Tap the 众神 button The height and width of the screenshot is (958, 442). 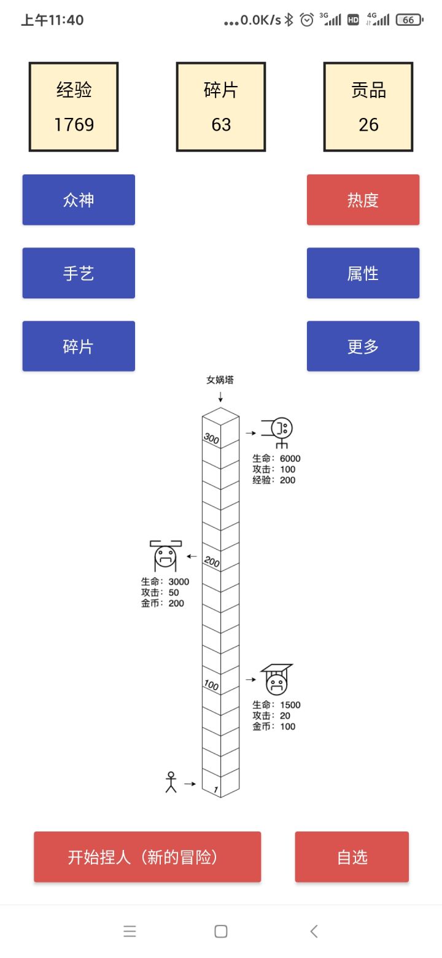click(79, 200)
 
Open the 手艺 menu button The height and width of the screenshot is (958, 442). click(79, 273)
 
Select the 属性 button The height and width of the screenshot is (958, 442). click(363, 273)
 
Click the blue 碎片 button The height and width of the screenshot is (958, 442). click(79, 346)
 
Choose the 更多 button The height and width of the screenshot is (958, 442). click(363, 346)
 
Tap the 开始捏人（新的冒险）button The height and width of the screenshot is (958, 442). click(147, 857)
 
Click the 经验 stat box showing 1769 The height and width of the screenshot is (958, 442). click(74, 107)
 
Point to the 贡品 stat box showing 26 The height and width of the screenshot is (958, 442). click(368, 107)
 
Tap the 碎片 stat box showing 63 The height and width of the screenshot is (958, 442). click(221, 107)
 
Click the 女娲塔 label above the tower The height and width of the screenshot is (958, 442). click(220, 380)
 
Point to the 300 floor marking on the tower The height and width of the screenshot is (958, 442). click(211, 438)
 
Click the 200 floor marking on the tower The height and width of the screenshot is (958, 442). click(211, 561)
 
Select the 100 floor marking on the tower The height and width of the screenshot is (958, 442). click(211, 685)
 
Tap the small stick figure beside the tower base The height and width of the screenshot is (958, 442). click(171, 782)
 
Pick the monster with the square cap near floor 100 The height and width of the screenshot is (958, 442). click(276, 679)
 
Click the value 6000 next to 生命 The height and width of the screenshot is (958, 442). click(290, 459)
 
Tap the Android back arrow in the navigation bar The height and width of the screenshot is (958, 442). click(314, 931)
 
